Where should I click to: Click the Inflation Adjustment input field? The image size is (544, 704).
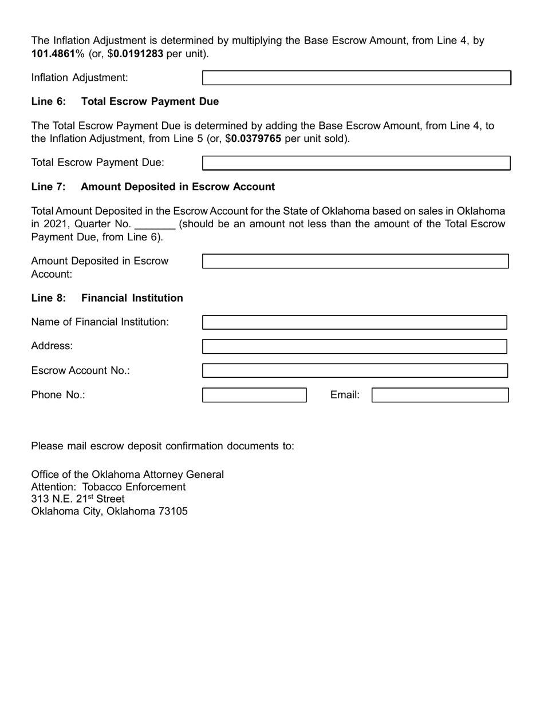point(356,78)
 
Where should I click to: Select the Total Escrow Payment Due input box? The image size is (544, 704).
point(356,163)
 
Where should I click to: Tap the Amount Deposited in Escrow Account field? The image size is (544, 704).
point(355,262)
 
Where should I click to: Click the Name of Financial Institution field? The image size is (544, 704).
point(354,322)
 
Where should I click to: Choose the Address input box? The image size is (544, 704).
point(354,346)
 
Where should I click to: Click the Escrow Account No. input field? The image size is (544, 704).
point(354,371)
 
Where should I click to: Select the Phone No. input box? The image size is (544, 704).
point(254,395)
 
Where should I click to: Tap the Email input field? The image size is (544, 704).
point(440,395)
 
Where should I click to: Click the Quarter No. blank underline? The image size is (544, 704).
point(155,224)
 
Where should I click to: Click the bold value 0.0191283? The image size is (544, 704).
point(138,54)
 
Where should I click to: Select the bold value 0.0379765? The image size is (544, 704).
point(256,139)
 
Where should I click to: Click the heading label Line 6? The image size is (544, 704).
point(49,102)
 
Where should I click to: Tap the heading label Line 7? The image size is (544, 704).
point(49,187)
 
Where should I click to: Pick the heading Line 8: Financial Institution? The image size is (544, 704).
point(107,298)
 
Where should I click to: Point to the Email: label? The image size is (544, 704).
point(345,395)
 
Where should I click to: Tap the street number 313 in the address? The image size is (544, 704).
point(40,499)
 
